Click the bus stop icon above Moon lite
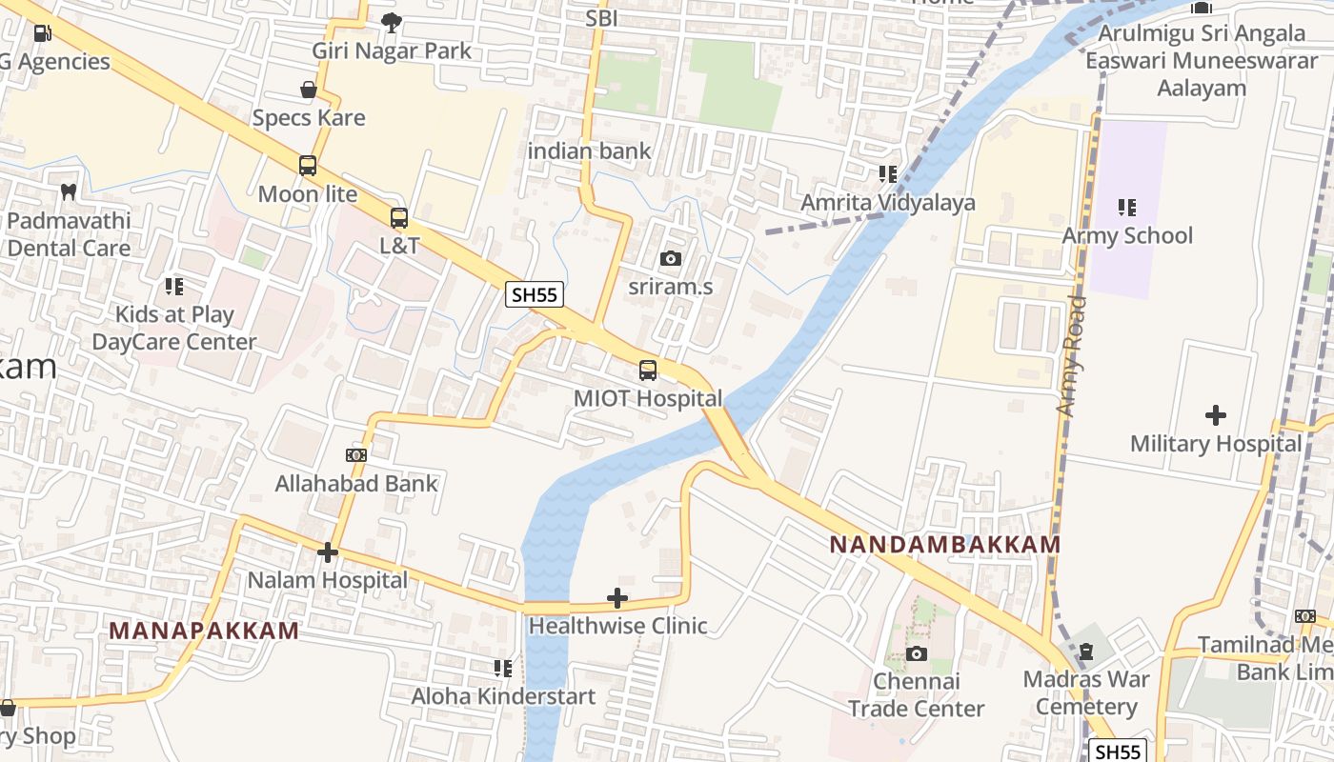click(308, 166)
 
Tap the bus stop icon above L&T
click(399, 218)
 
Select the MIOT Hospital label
click(648, 398)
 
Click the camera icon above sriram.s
click(671, 258)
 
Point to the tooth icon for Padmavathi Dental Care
click(68, 191)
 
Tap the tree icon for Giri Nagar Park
click(391, 22)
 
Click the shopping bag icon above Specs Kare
click(309, 90)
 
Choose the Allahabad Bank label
click(356, 483)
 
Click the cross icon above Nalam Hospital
click(328, 552)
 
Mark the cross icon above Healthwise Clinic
click(617, 598)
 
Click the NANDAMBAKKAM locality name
click(944, 545)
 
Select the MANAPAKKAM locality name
click(204, 631)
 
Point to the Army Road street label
click(1071, 354)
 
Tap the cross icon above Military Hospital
click(1215, 415)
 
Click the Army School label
click(1127, 235)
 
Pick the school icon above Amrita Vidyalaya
click(888, 174)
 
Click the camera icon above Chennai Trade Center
click(916, 653)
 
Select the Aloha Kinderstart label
click(503, 696)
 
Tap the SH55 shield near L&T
click(534, 294)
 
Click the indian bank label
click(589, 150)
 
